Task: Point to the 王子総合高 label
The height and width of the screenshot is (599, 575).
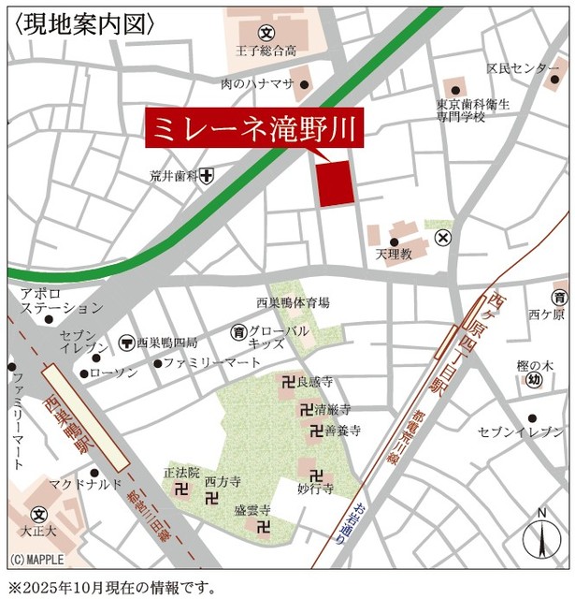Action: [x=265, y=50]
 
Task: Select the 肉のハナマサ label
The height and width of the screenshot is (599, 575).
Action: [x=257, y=84]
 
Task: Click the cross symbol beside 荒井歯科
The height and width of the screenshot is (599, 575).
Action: [x=206, y=174]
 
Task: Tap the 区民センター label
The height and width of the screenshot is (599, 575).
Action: [x=524, y=69]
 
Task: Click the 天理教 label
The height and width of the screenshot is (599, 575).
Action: [x=394, y=254]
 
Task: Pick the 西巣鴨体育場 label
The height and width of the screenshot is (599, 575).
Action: [x=293, y=302]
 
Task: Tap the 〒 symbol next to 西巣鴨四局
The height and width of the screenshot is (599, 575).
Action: [x=126, y=343]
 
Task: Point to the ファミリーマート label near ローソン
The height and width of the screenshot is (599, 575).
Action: [x=212, y=361]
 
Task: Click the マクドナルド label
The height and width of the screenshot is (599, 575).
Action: [x=85, y=483]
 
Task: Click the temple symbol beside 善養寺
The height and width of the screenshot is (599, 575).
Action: [x=313, y=431]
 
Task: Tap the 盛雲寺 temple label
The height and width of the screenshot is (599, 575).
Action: [x=252, y=510]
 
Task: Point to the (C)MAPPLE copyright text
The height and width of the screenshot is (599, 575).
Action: [x=37, y=560]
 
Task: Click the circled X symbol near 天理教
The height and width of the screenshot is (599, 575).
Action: [x=443, y=238]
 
